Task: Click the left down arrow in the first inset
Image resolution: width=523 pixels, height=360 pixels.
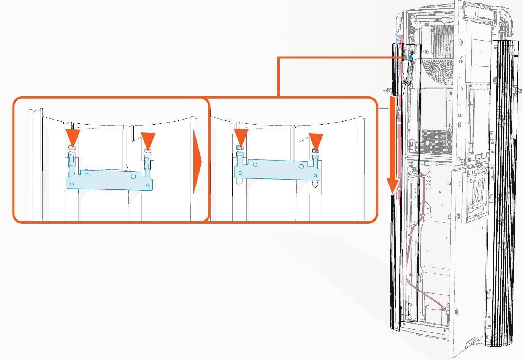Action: pos(73,136)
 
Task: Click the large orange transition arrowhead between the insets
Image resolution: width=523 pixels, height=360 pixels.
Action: pos(197,161)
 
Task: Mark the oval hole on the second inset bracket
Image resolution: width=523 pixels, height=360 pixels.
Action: pos(301,166)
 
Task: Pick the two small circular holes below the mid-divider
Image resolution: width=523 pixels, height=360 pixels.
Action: pos(428,182)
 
